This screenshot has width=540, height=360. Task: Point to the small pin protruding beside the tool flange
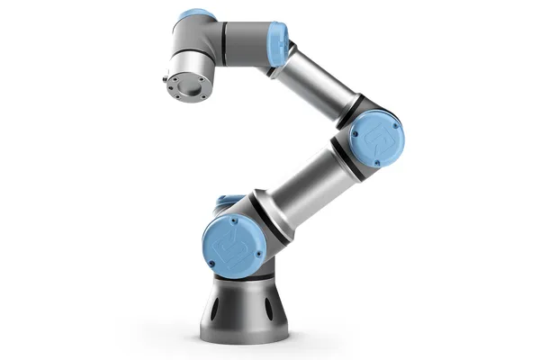click(x=166, y=79)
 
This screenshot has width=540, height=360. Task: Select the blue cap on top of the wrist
click(x=195, y=14)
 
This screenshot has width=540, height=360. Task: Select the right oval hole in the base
click(x=269, y=310)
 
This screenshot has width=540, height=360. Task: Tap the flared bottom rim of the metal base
click(x=243, y=335)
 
